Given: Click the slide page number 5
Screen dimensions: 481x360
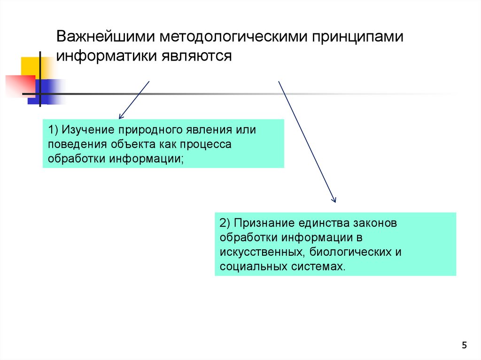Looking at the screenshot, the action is (465, 345).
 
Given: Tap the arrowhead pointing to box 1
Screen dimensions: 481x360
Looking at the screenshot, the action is (121, 115).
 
